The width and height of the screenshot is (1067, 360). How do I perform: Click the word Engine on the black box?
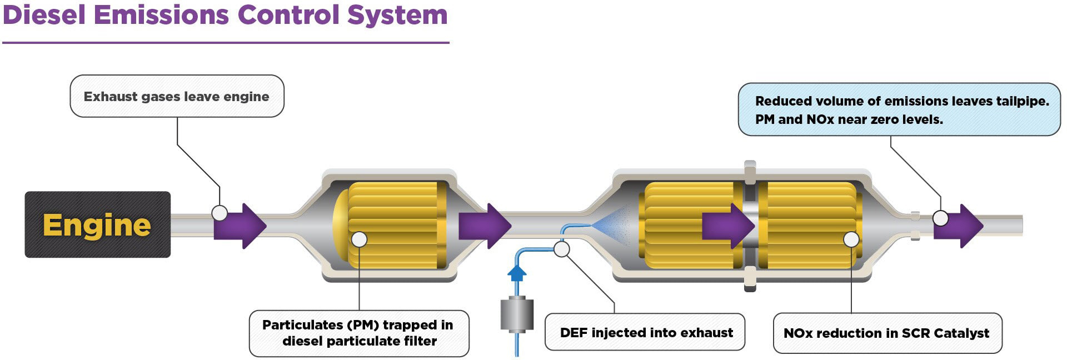(97, 225)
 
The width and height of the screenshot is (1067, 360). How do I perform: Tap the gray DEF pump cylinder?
(517, 314)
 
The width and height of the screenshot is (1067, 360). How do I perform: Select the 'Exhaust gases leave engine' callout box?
(177, 97)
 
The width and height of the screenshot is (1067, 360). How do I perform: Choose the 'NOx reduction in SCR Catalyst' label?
(887, 333)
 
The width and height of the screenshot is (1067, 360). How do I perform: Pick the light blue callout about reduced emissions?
(899, 109)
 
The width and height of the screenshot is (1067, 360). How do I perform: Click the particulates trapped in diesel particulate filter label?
(359, 333)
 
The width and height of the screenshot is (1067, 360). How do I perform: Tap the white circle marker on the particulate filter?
(360, 239)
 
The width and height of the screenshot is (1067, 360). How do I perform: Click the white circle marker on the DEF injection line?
(562, 249)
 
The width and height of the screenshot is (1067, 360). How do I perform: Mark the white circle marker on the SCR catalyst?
(851, 239)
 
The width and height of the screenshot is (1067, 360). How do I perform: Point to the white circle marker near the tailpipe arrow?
(940, 218)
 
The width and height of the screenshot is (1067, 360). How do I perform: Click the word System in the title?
(397, 14)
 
